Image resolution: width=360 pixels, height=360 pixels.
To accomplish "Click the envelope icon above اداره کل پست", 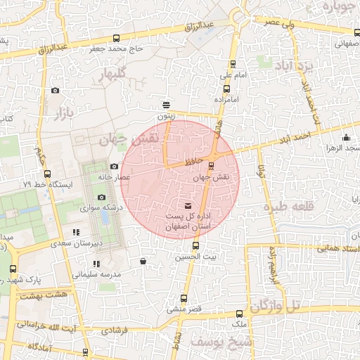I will (187, 205).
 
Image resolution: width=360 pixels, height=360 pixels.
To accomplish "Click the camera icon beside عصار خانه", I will (114, 166).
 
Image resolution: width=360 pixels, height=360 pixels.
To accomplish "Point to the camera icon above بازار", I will (56, 91).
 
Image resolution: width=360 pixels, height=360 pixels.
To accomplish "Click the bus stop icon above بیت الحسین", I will (195, 246).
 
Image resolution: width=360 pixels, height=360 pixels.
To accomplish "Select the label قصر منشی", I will (184, 309).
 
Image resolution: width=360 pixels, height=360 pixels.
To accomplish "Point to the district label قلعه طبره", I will (286, 207).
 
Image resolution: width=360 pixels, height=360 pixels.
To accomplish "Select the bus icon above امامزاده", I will (226, 89).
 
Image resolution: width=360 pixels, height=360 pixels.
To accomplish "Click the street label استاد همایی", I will (337, 248).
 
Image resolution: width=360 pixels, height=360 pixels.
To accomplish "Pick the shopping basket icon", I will (143, 261).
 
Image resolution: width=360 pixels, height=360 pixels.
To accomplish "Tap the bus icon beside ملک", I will (239, 314).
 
